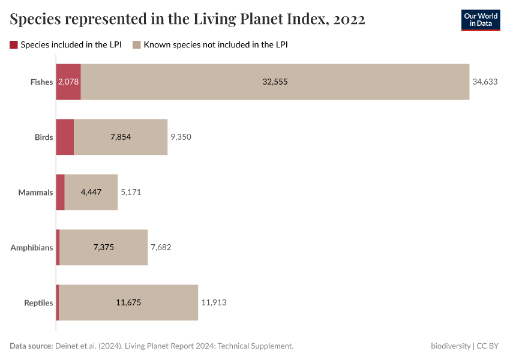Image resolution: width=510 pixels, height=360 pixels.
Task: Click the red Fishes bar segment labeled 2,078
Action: (68, 82)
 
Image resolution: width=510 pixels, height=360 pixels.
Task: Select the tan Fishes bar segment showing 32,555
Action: (275, 82)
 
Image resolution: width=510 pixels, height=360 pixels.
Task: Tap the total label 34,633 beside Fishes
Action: (485, 82)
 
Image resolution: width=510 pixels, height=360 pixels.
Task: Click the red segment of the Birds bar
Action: (65, 137)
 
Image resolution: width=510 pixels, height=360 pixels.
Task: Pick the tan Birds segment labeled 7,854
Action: (121, 137)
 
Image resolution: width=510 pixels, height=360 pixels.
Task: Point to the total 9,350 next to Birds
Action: (181, 137)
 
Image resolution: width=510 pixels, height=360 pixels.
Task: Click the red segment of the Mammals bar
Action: (60, 192)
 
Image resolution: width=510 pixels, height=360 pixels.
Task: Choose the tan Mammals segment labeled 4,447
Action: (91, 192)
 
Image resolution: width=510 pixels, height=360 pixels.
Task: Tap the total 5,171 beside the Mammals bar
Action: (131, 192)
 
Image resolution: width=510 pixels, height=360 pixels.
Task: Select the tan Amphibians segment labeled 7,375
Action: (104, 247)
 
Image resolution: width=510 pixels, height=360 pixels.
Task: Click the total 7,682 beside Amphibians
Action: (161, 247)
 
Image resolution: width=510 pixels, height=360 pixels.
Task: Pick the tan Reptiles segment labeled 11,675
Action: (128, 302)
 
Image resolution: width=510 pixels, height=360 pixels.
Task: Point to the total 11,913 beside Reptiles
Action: (214, 302)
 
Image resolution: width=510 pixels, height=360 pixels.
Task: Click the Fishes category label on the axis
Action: (41, 82)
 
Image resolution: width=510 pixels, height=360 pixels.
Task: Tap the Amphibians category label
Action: (32, 247)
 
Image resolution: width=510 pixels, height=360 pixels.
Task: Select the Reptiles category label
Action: (38, 302)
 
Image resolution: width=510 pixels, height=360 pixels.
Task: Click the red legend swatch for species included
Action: (14, 44)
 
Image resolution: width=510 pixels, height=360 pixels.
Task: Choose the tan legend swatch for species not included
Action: (137, 44)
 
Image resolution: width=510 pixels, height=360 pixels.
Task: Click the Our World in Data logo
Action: (480, 20)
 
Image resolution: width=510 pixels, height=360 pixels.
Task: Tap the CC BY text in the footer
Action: (488, 346)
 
